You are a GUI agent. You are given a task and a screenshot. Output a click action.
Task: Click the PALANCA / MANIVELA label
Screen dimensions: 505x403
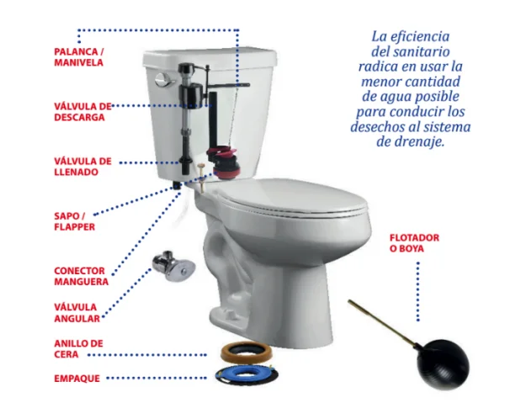[x=79, y=57]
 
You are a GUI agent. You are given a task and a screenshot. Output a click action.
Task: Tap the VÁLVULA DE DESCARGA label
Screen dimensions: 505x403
[x=82, y=112]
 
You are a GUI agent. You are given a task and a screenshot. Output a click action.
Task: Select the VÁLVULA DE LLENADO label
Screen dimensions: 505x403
[x=82, y=167]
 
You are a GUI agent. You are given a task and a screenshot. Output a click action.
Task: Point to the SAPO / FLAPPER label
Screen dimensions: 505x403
[x=74, y=221]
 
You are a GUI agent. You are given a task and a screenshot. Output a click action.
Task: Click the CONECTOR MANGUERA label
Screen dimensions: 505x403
[x=81, y=276]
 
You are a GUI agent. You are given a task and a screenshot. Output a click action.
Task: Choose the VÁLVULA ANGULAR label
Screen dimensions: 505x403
[x=77, y=312]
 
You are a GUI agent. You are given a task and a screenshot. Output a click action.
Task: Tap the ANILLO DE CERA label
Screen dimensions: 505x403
[x=78, y=349]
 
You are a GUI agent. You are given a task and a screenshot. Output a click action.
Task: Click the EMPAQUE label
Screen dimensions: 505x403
[x=77, y=379]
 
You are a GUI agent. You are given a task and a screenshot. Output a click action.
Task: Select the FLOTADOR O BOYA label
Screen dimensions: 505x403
[x=414, y=243]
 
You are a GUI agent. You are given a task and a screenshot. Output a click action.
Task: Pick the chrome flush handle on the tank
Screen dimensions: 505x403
[x=165, y=80]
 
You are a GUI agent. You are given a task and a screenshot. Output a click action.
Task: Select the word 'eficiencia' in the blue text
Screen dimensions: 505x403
[x=420, y=37]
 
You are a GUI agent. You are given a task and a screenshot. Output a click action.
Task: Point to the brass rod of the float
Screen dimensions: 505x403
[x=382, y=322]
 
